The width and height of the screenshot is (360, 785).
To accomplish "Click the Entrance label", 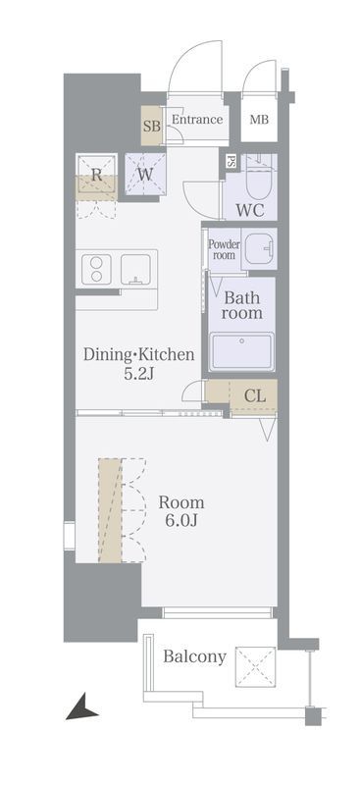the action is (x=197, y=120).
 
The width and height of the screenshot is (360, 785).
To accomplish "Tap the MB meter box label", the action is (x=259, y=120).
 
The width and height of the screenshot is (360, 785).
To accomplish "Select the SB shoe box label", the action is (x=152, y=127).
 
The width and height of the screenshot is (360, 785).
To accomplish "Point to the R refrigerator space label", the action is (x=96, y=175).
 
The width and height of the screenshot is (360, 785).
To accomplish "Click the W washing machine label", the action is (x=145, y=176).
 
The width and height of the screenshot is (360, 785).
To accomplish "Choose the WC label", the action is (x=250, y=210).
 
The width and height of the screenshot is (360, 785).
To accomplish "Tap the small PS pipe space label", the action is (x=231, y=162).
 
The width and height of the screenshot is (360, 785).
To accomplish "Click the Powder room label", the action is (x=224, y=250).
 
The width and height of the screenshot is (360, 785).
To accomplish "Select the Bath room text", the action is (x=242, y=305).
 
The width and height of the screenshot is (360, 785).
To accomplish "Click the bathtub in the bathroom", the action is (x=241, y=351).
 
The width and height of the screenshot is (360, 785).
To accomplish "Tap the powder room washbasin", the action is (x=258, y=248).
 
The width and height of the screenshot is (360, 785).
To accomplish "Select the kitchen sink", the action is (x=135, y=269).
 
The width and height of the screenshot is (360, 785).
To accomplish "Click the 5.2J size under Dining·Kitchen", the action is (x=138, y=374).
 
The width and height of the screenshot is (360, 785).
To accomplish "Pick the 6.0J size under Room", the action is (x=175, y=520).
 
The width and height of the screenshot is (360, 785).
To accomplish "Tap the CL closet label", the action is (x=254, y=396).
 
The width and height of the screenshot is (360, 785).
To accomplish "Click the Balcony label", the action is (x=194, y=656).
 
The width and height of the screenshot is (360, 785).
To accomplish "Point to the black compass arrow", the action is (x=81, y=706).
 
